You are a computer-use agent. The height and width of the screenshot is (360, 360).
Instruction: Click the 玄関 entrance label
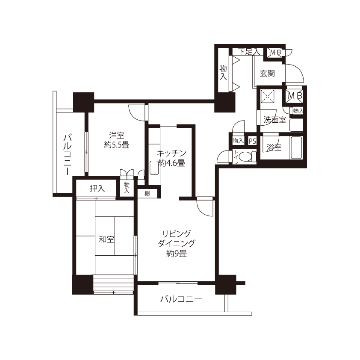click(x=268, y=74)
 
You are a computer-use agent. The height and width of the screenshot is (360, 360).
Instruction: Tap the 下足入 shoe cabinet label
click(x=249, y=52)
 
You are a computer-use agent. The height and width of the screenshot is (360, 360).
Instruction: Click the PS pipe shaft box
click(x=252, y=141)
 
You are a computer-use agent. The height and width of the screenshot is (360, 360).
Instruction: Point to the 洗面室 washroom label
click(x=274, y=120)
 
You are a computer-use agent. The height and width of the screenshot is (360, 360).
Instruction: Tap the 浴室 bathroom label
click(x=274, y=147)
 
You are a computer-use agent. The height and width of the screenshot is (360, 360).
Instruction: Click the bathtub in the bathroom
click(x=296, y=148)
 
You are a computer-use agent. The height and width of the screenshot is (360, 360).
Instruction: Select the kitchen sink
click(x=153, y=168)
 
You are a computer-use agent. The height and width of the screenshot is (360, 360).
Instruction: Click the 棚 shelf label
click(x=147, y=193)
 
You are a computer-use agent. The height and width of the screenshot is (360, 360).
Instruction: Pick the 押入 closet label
click(x=97, y=188)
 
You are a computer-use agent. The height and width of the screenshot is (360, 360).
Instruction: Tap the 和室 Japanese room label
click(x=106, y=239)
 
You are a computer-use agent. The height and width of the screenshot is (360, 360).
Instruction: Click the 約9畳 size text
click(x=176, y=254)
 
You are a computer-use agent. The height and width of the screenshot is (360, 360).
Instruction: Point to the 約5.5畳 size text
click(x=116, y=145)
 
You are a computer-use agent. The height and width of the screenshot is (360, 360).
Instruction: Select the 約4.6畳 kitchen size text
click(x=172, y=163)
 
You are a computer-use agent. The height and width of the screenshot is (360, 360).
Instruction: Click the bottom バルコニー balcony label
click(x=181, y=299)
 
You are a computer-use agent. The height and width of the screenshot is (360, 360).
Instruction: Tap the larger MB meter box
click(x=295, y=95)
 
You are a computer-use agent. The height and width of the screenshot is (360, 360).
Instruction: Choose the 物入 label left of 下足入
click(x=223, y=73)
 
